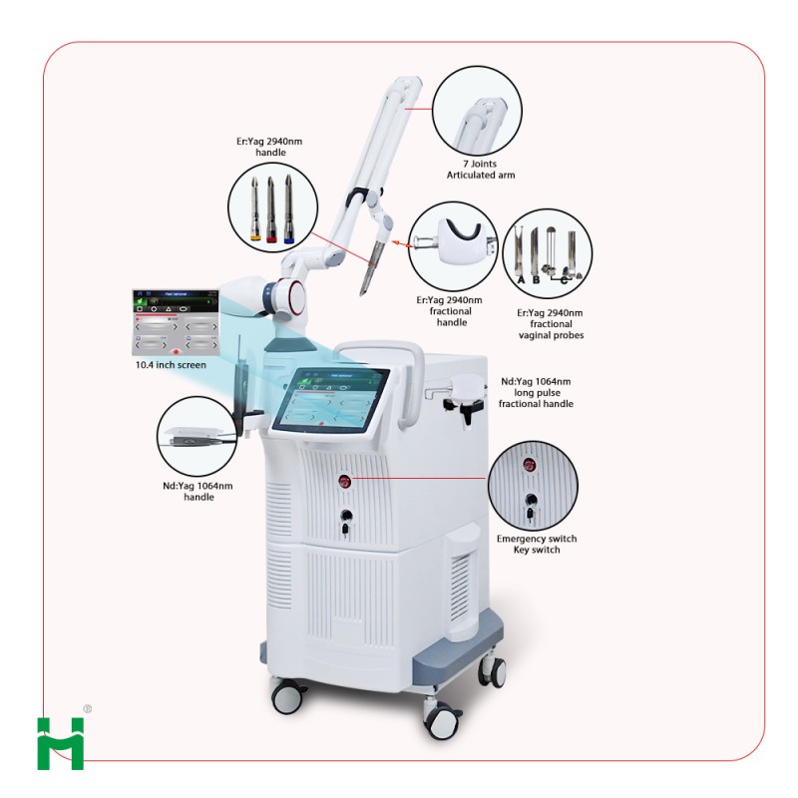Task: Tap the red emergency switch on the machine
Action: pos(346,483)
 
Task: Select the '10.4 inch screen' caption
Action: pos(173,365)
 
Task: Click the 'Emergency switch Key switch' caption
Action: pos(536,545)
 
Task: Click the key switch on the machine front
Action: pos(346,518)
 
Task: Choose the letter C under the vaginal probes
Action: pos(565,280)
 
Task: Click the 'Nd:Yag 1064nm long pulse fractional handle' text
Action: pos(536,393)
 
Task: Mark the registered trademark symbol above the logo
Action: pos(87,710)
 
